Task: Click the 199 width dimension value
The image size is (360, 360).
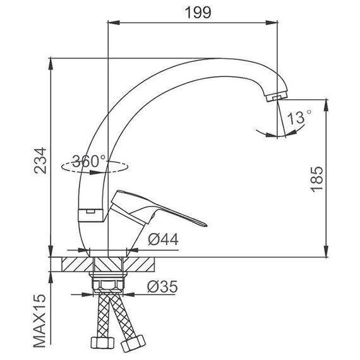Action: pyautogui.click(x=198, y=13)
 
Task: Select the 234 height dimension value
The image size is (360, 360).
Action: pyautogui.click(x=40, y=160)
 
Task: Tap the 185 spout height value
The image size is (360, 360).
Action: pyautogui.click(x=317, y=179)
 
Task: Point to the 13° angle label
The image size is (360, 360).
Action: pyautogui.click(x=299, y=117)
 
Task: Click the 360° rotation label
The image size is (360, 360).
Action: pyautogui.click(x=89, y=161)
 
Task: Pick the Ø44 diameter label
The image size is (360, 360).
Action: pyautogui.click(x=163, y=239)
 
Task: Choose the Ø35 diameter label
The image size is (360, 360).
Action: pyautogui.click(x=162, y=287)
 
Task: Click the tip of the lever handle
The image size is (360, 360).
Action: pyautogui.click(x=205, y=224)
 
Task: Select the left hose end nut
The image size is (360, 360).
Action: pyautogui.click(x=102, y=343)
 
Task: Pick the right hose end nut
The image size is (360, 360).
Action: pyautogui.click(x=133, y=344)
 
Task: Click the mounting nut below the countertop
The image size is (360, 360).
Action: pyautogui.click(x=108, y=284)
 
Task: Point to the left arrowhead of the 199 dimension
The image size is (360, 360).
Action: pyautogui.click(x=114, y=23)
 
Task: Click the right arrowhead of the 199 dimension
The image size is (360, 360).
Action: pyautogui.click(x=272, y=23)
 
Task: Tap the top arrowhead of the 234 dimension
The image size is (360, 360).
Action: pyautogui.click(x=51, y=64)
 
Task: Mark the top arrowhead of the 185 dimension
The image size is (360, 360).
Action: pyautogui.click(x=326, y=105)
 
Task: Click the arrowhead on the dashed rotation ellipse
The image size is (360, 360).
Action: pyautogui.click(x=95, y=172)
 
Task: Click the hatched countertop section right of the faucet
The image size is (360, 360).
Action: pyautogui.click(x=139, y=264)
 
